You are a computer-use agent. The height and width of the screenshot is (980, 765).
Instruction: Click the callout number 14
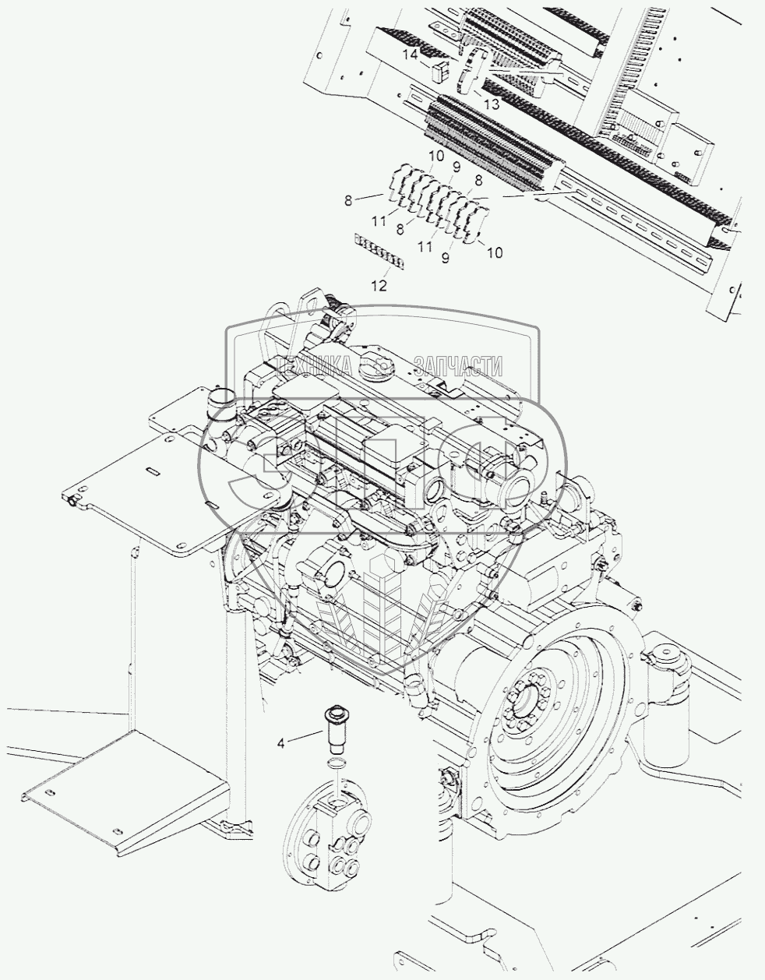[411, 55]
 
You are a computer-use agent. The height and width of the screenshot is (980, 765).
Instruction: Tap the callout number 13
[491, 104]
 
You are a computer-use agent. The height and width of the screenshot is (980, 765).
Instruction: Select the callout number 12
[379, 286]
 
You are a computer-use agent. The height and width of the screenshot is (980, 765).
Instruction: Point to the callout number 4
[281, 742]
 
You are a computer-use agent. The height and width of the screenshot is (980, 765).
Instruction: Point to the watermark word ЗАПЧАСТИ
[460, 365]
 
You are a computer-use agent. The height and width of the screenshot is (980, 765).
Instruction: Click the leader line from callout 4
[305, 737]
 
